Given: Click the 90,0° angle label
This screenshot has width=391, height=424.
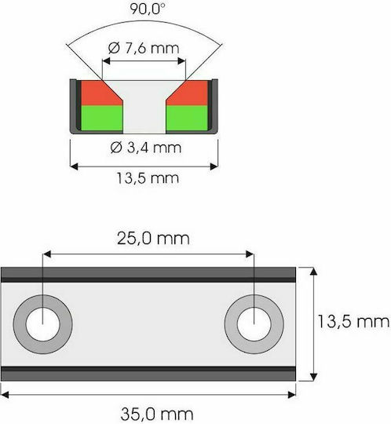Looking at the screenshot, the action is point(148,9).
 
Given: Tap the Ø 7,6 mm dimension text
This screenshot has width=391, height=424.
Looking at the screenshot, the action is point(144,48).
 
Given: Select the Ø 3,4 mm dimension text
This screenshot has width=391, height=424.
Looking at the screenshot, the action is point(146,148).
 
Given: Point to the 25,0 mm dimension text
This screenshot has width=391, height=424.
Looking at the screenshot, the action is point(153,239).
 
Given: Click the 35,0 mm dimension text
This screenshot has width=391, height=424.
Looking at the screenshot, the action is point(157,414).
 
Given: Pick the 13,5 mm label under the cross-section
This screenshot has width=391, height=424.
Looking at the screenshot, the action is point(148,178).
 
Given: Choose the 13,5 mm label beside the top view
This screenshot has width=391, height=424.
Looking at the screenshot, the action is point(353,321).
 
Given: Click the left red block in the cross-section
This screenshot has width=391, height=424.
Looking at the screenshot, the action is point(100,93).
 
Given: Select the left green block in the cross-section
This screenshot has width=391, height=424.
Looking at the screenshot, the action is point(102,118).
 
